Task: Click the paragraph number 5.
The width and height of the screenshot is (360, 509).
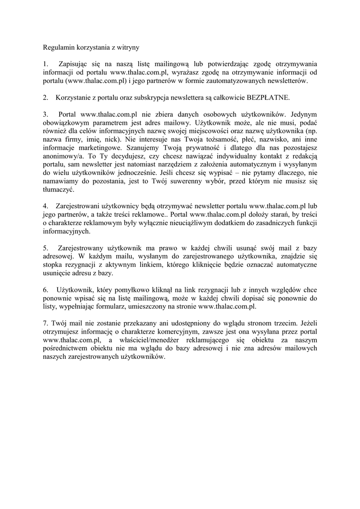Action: pos(45,248)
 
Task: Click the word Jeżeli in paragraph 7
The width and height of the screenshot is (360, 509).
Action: pos(307,323)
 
